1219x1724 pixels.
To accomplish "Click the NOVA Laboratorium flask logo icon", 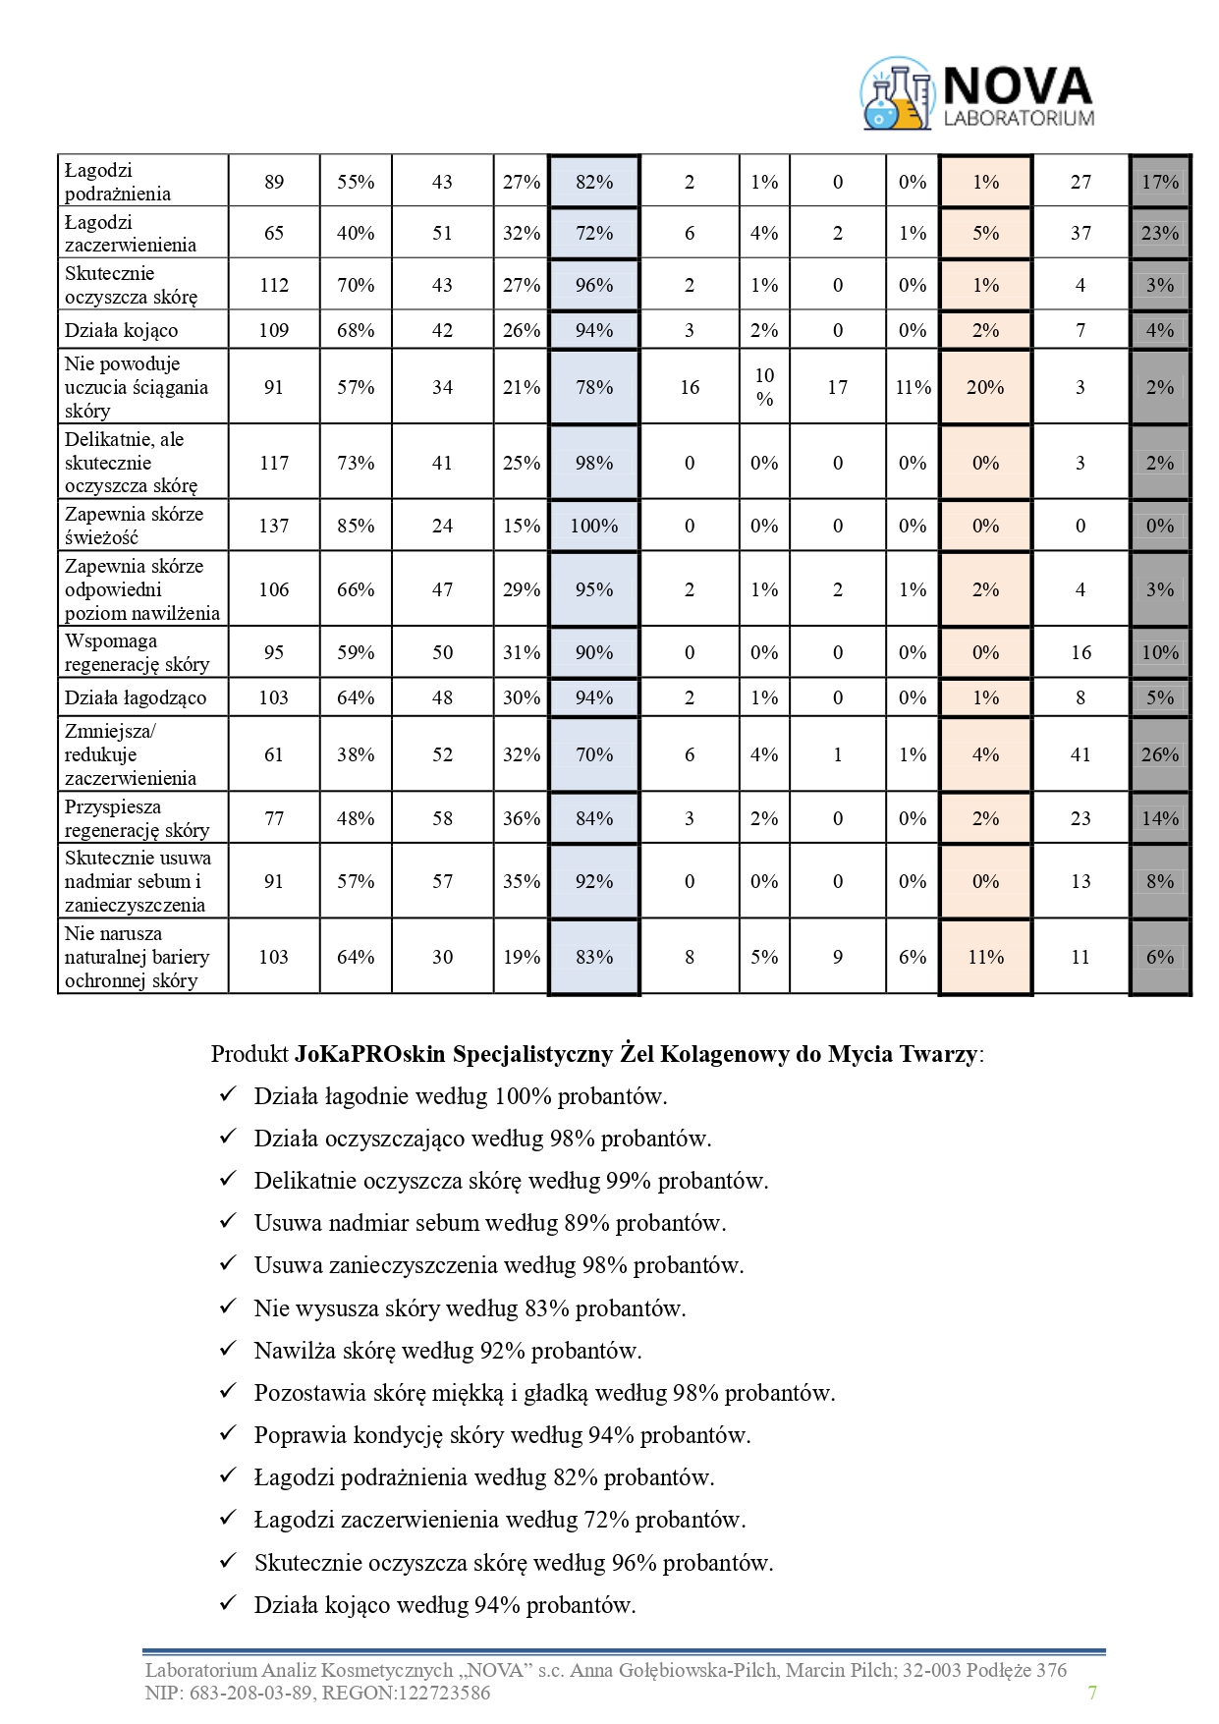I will click(897, 94).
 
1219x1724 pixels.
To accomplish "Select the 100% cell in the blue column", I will click(594, 526).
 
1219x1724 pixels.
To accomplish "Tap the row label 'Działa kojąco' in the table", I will click(122, 330).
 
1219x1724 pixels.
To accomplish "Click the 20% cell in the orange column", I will click(985, 387).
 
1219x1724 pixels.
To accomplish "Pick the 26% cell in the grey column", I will click(1160, 754).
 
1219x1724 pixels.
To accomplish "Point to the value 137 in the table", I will click(274, 526).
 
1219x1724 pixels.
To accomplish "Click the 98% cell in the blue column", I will click(594, 463).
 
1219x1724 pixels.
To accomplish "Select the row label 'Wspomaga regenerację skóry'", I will click(137, 652).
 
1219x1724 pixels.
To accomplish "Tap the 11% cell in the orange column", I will click(985, 957).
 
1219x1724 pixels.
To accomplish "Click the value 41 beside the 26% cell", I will click(1080, 754).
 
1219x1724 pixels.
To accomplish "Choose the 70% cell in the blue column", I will click(594, 754).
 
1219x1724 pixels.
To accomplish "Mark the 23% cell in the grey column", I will click(1160, 233).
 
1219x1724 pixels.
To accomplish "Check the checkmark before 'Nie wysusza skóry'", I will click(228, 1307).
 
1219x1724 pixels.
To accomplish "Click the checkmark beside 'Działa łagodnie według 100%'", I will click(228, 1094).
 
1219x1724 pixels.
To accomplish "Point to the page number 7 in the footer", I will click(1092, 1692).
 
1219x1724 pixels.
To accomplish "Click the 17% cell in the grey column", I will click(1160, 182).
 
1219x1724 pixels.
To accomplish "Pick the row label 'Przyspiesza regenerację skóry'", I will click(137, 818).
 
